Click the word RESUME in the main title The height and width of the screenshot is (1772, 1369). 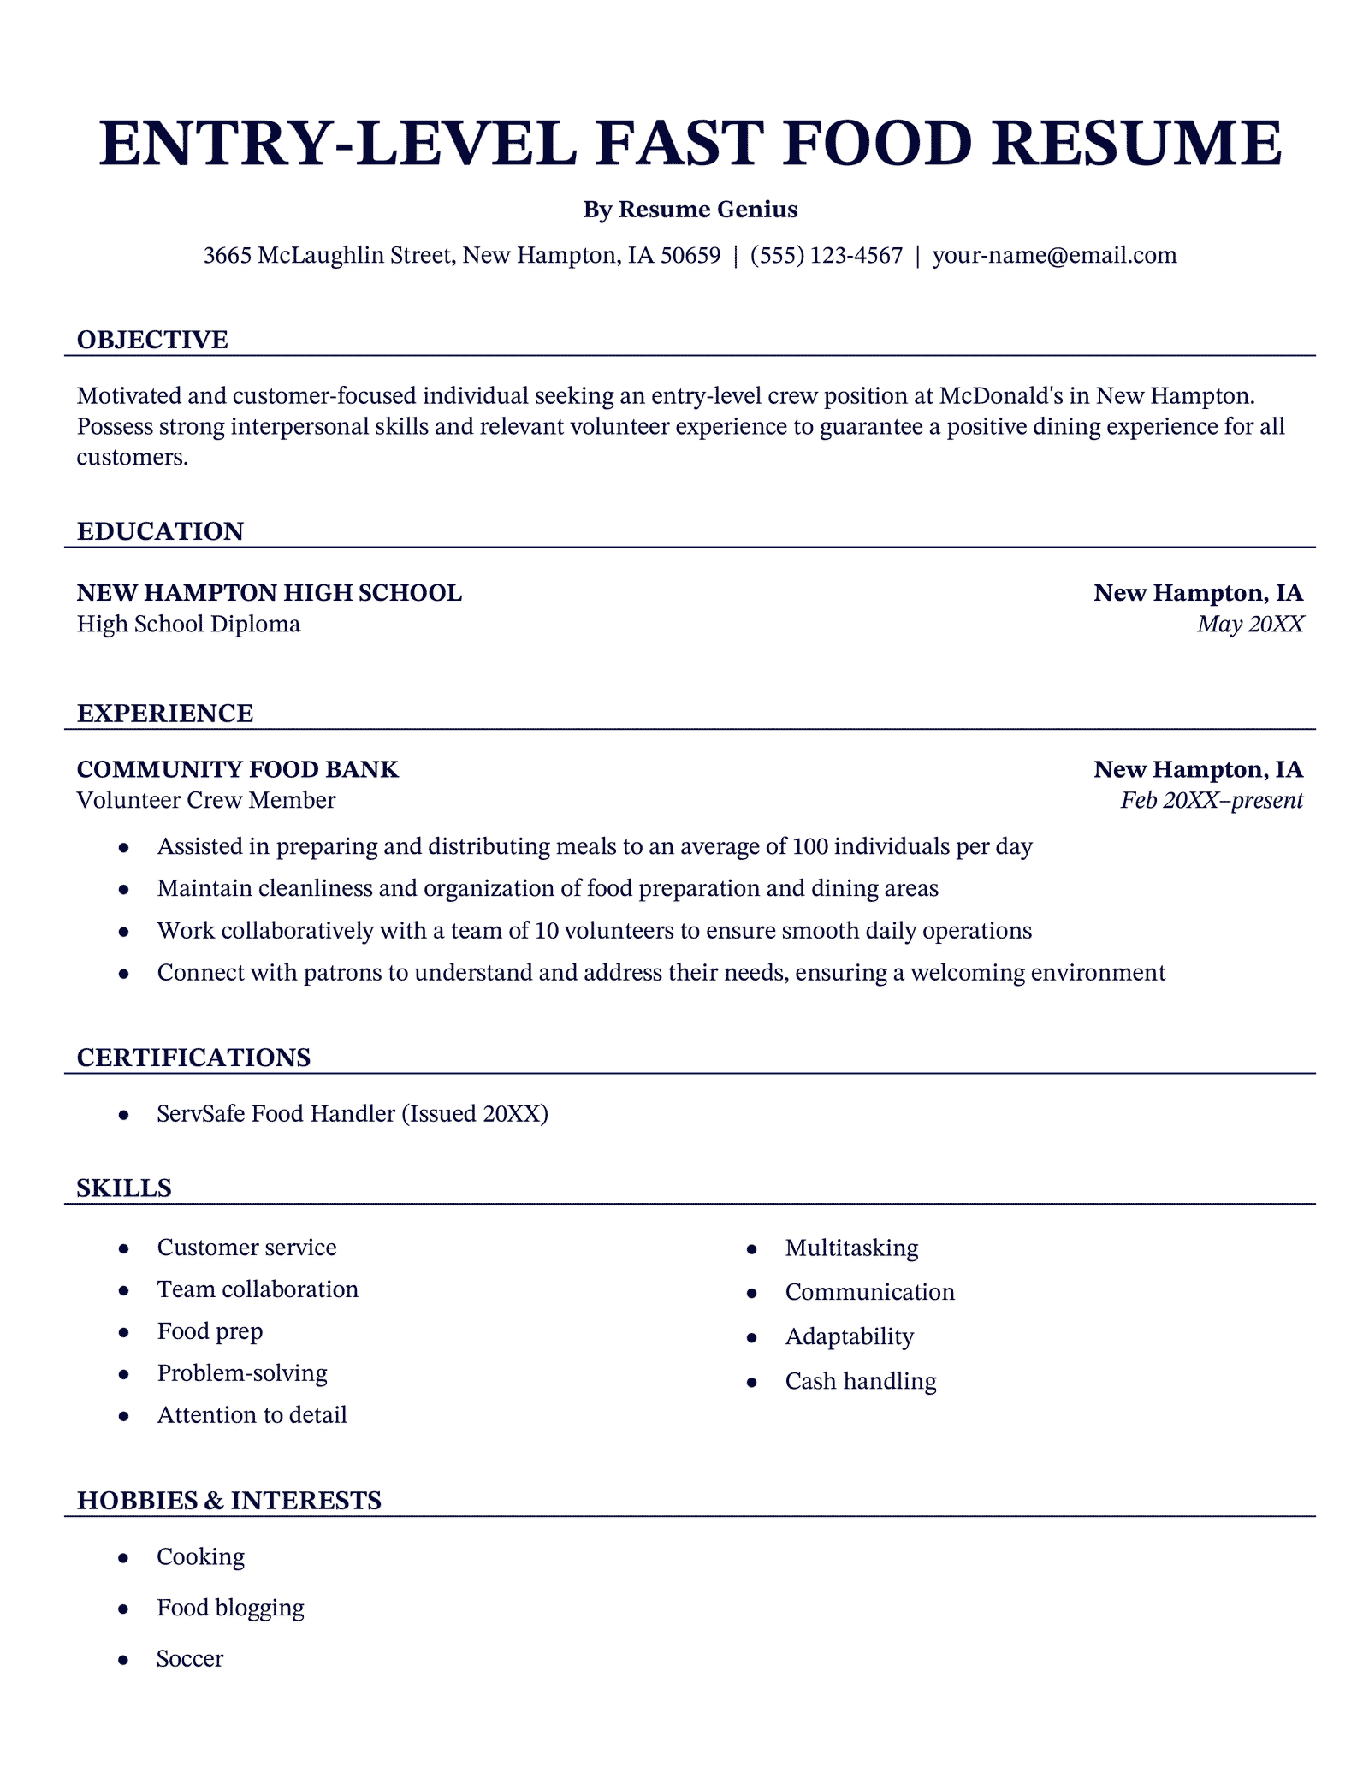tap(1137, 143)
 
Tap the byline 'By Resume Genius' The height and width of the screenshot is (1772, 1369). tap(690, 210)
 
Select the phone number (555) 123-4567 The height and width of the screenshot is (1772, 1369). tap(826, 255)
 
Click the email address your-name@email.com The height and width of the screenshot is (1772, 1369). tap(1054, 255)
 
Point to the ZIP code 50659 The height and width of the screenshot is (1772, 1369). tap(690, 255)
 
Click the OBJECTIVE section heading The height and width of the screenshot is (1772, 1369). tap(152, 340)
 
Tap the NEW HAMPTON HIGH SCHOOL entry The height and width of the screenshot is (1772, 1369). tap(270, 592)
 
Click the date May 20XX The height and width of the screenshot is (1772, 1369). tap(1250, 624)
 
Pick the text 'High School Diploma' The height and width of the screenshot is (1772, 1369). tap(188, 624)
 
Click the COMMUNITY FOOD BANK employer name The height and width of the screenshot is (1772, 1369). tap(238, 769)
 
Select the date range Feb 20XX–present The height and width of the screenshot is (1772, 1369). tap(1212, 800)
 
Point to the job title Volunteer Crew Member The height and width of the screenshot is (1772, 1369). tap(206, 800)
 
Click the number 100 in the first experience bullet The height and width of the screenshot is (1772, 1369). tap(809, 846)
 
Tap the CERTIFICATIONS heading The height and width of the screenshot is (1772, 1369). tap(193, 1058)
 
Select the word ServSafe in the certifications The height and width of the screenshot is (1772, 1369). tap(201, 1113)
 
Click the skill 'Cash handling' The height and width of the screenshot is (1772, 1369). tap(861, 1381)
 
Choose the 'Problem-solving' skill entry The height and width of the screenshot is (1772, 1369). tap(242, 1373)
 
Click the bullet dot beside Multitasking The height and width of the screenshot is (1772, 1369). tap(752, 1249)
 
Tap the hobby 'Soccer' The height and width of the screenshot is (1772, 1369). tap(190, 1659)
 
